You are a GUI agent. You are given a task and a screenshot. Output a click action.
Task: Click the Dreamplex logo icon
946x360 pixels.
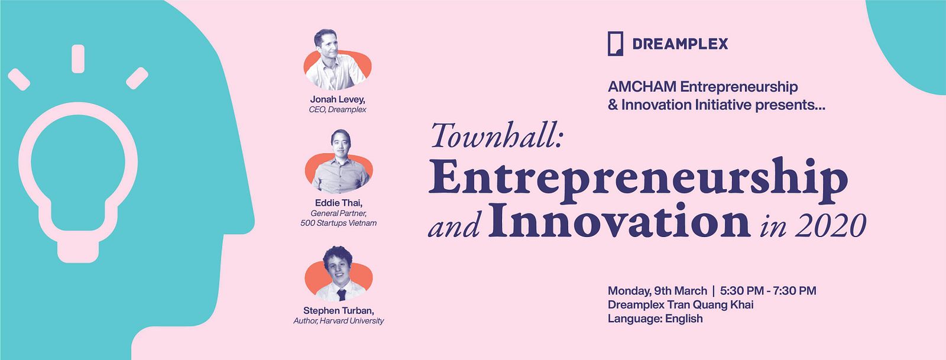(x=615, y=44)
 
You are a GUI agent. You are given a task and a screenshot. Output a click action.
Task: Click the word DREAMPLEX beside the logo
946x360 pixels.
(x=680, y=44)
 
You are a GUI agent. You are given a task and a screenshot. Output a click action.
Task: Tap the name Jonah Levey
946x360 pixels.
(x=338, y=99)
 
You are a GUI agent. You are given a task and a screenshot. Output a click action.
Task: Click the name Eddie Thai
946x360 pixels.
(x=338, y=203)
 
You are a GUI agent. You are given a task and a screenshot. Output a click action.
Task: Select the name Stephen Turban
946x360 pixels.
(x=338, y=310)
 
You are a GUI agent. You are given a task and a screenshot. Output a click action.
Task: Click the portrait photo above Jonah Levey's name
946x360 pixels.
(x=338, y=60)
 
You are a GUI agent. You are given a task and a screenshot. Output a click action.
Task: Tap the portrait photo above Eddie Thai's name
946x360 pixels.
(x=339, y=161)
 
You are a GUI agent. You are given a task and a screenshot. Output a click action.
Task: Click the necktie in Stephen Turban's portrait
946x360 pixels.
(x=341, y=294)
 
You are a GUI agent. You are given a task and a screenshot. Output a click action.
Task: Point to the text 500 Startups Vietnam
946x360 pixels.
(x=338, y=223)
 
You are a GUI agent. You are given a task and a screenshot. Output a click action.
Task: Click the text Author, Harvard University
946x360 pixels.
(x=338, y=321)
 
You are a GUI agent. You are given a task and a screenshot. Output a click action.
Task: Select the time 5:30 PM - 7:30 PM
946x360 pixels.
(x=768, y=291)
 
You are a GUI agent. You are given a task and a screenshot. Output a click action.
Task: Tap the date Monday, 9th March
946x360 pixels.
(x=657, y=291)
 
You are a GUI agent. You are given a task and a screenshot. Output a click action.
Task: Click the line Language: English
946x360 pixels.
(x=655, y=319)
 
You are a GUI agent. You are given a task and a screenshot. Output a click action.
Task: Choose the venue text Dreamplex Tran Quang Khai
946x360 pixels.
(x=681, y=304)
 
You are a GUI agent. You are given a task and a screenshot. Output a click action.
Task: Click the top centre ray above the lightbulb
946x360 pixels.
(x=78, y=59)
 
